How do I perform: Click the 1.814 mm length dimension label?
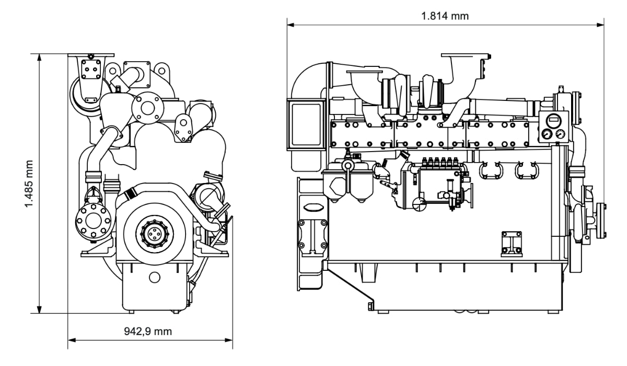coord(445,16)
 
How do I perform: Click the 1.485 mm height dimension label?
coord(29,184)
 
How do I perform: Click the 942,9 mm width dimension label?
coord(148,331)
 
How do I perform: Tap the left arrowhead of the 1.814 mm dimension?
coord(291,25)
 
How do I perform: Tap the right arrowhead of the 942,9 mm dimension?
coord(229,340)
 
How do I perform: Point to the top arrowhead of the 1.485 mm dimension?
coord(40,57)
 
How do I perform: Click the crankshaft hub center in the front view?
coord(154,233)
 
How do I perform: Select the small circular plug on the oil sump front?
coord(155,278)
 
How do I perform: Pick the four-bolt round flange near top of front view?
coord(148,108)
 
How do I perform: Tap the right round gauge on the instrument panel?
coord(560,134)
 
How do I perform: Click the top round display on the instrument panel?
coord(553,120)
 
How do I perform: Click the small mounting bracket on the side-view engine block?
coord(512,244)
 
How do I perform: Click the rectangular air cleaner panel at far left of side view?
coord(306,124)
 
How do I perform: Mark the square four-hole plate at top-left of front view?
coord(91,69)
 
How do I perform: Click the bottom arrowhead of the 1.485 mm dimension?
coord(40,310)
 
